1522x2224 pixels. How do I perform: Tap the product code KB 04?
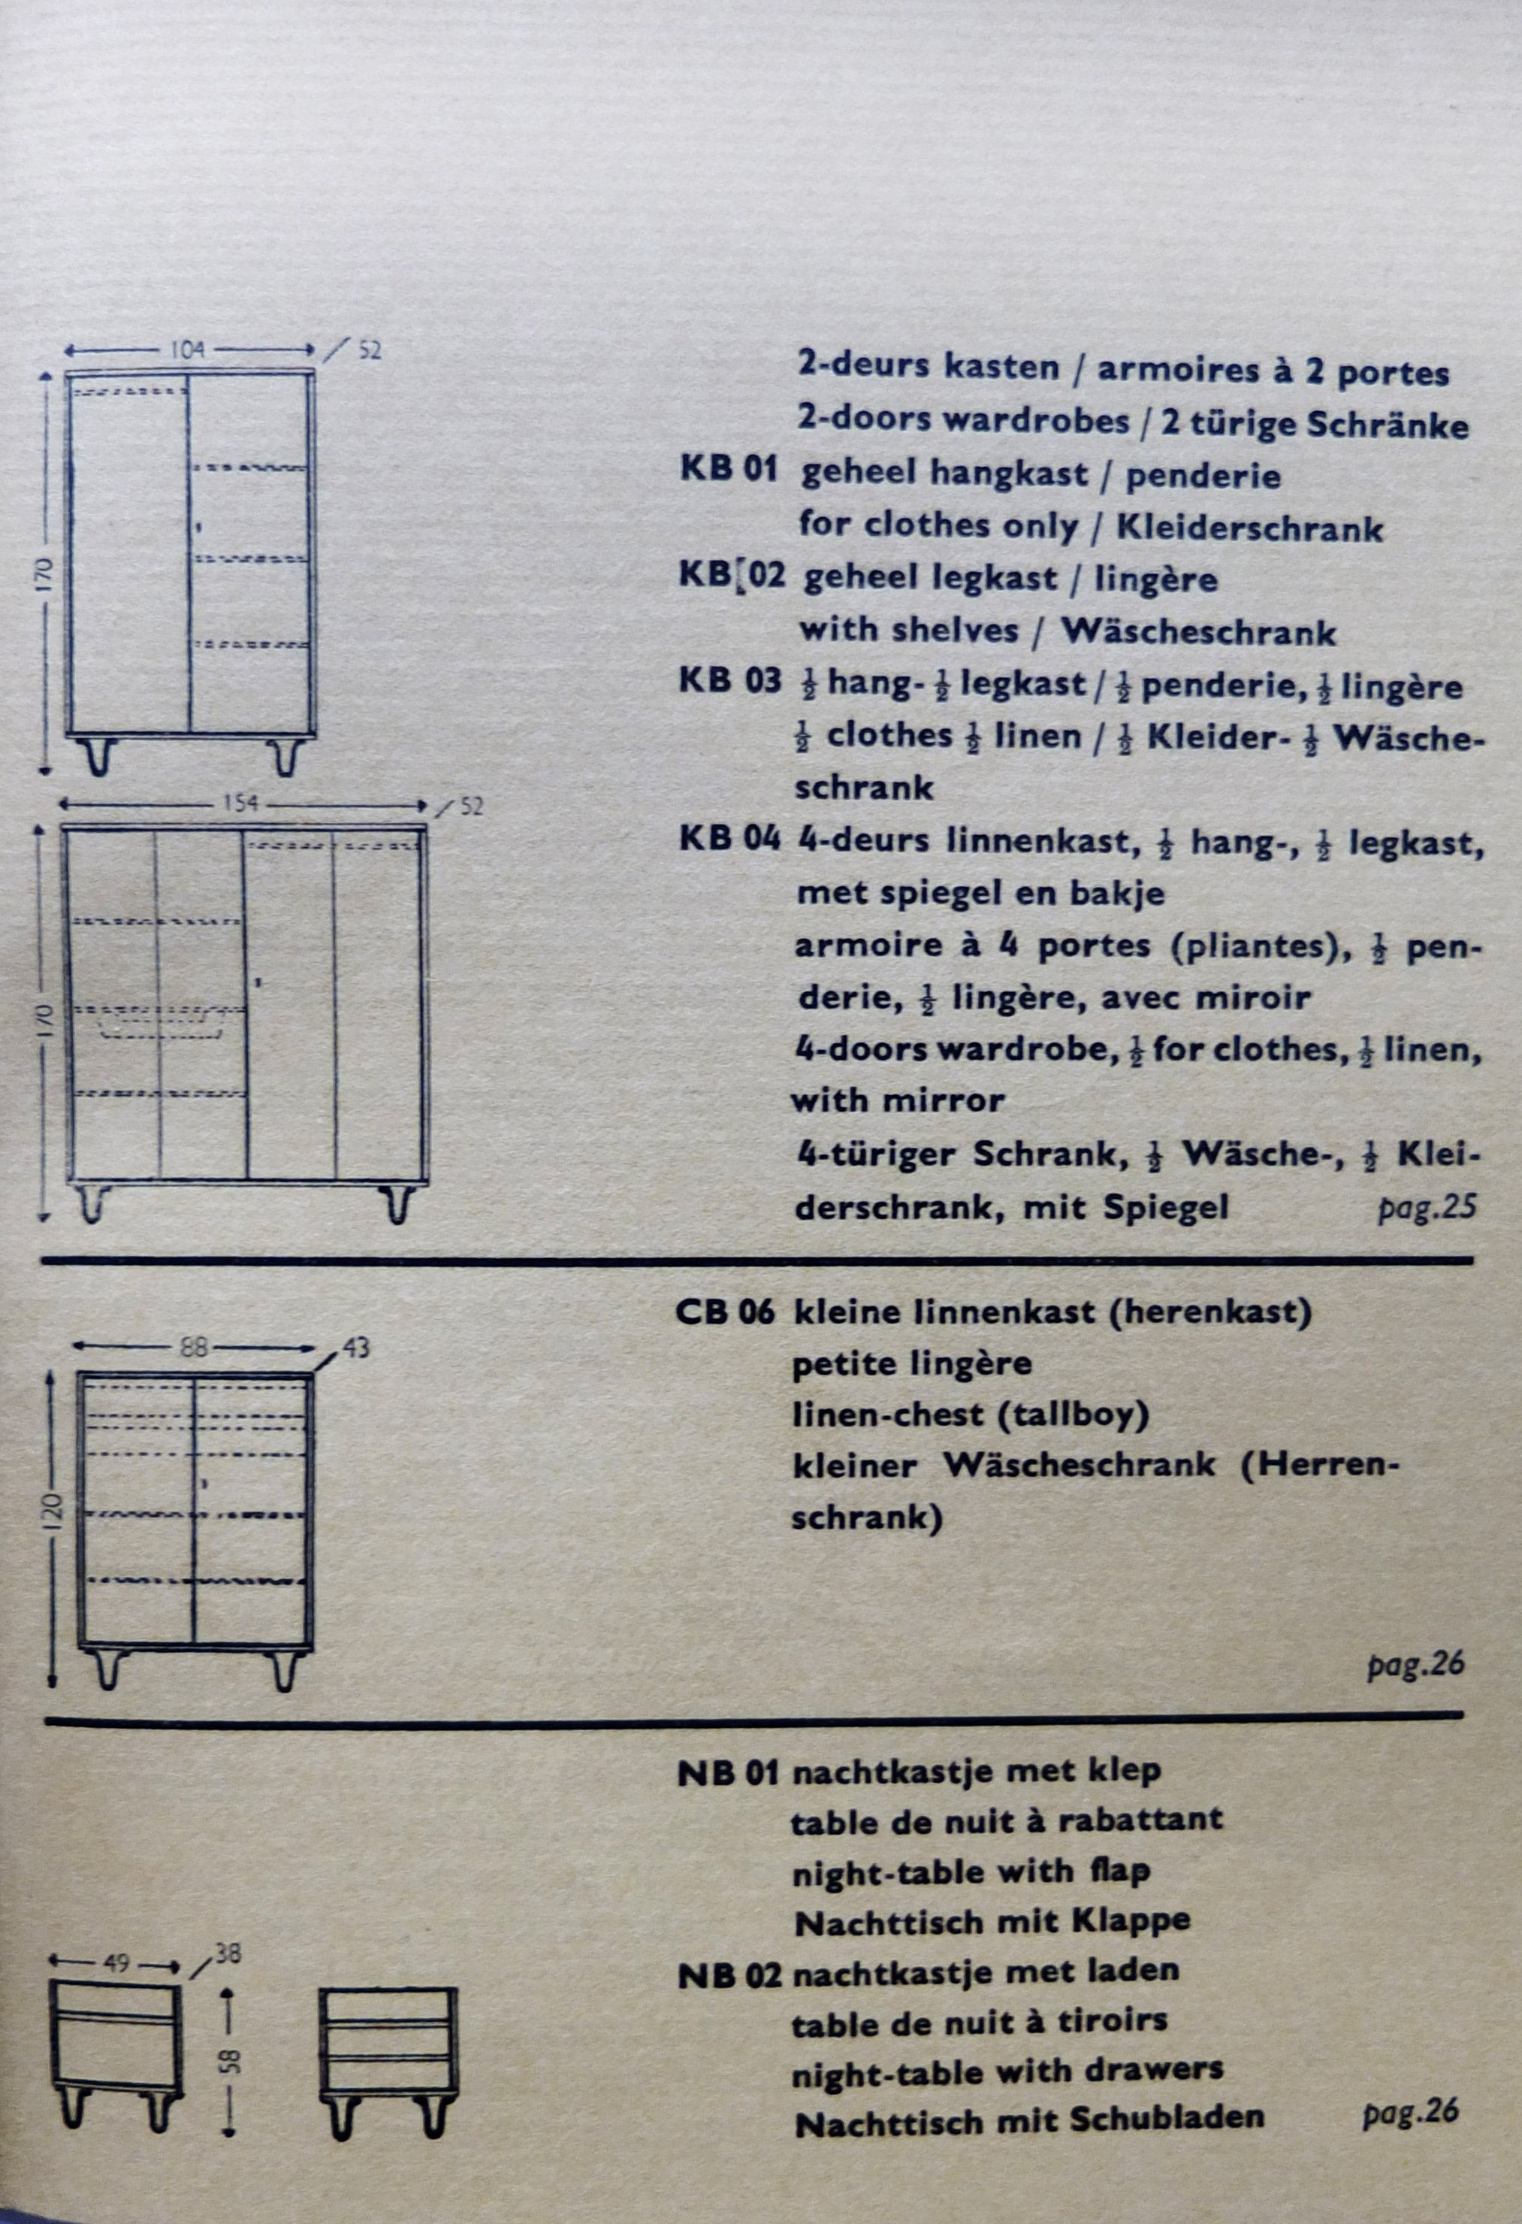click(729, 840)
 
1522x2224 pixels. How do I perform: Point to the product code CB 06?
click(724, 1312)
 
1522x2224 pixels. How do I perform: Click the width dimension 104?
click(188, 349)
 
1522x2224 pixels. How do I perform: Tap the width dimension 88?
click(195, 1346)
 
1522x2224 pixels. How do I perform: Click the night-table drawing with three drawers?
click(388, 2056)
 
